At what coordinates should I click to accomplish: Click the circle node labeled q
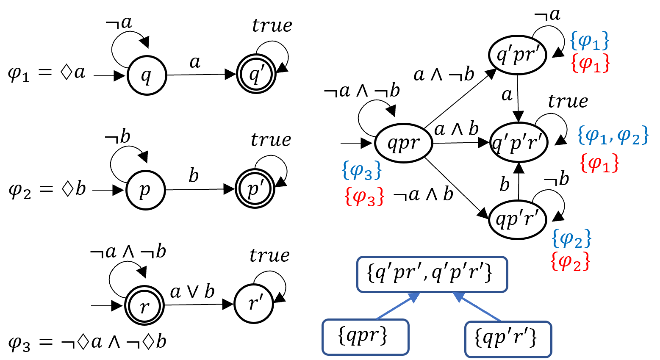click(x=147, y=75)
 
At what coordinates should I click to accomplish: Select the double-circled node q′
click(x=256, y=74)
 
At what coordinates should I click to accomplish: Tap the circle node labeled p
click(x=145, y=190)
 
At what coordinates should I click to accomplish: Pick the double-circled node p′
click(x=255, y=188)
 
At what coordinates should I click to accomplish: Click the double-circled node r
click(x=144, y=305)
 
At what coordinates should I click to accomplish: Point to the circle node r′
click(x=253, y=304)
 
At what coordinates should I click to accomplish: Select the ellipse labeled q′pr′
click(x=517, y=55)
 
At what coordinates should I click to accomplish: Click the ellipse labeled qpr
click(x=403, y=143)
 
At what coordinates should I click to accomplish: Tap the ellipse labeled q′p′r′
click(x=519, y=142)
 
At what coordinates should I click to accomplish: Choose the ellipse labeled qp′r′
click(x=517, y=219)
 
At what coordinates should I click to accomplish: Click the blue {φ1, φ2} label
click(x=613, y=136)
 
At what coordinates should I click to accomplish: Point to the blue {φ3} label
click(x=362, y=170)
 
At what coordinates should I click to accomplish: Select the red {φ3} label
click(x=364, y=197)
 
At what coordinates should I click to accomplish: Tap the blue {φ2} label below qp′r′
click(x=571, y=238)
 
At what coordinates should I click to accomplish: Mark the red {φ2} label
click(x=570, y=261)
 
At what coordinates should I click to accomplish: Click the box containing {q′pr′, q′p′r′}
click(x=432, y=274)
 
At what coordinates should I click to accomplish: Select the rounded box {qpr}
click(x=365, y=337)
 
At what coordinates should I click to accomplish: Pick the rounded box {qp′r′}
click(x=508, y=339)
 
